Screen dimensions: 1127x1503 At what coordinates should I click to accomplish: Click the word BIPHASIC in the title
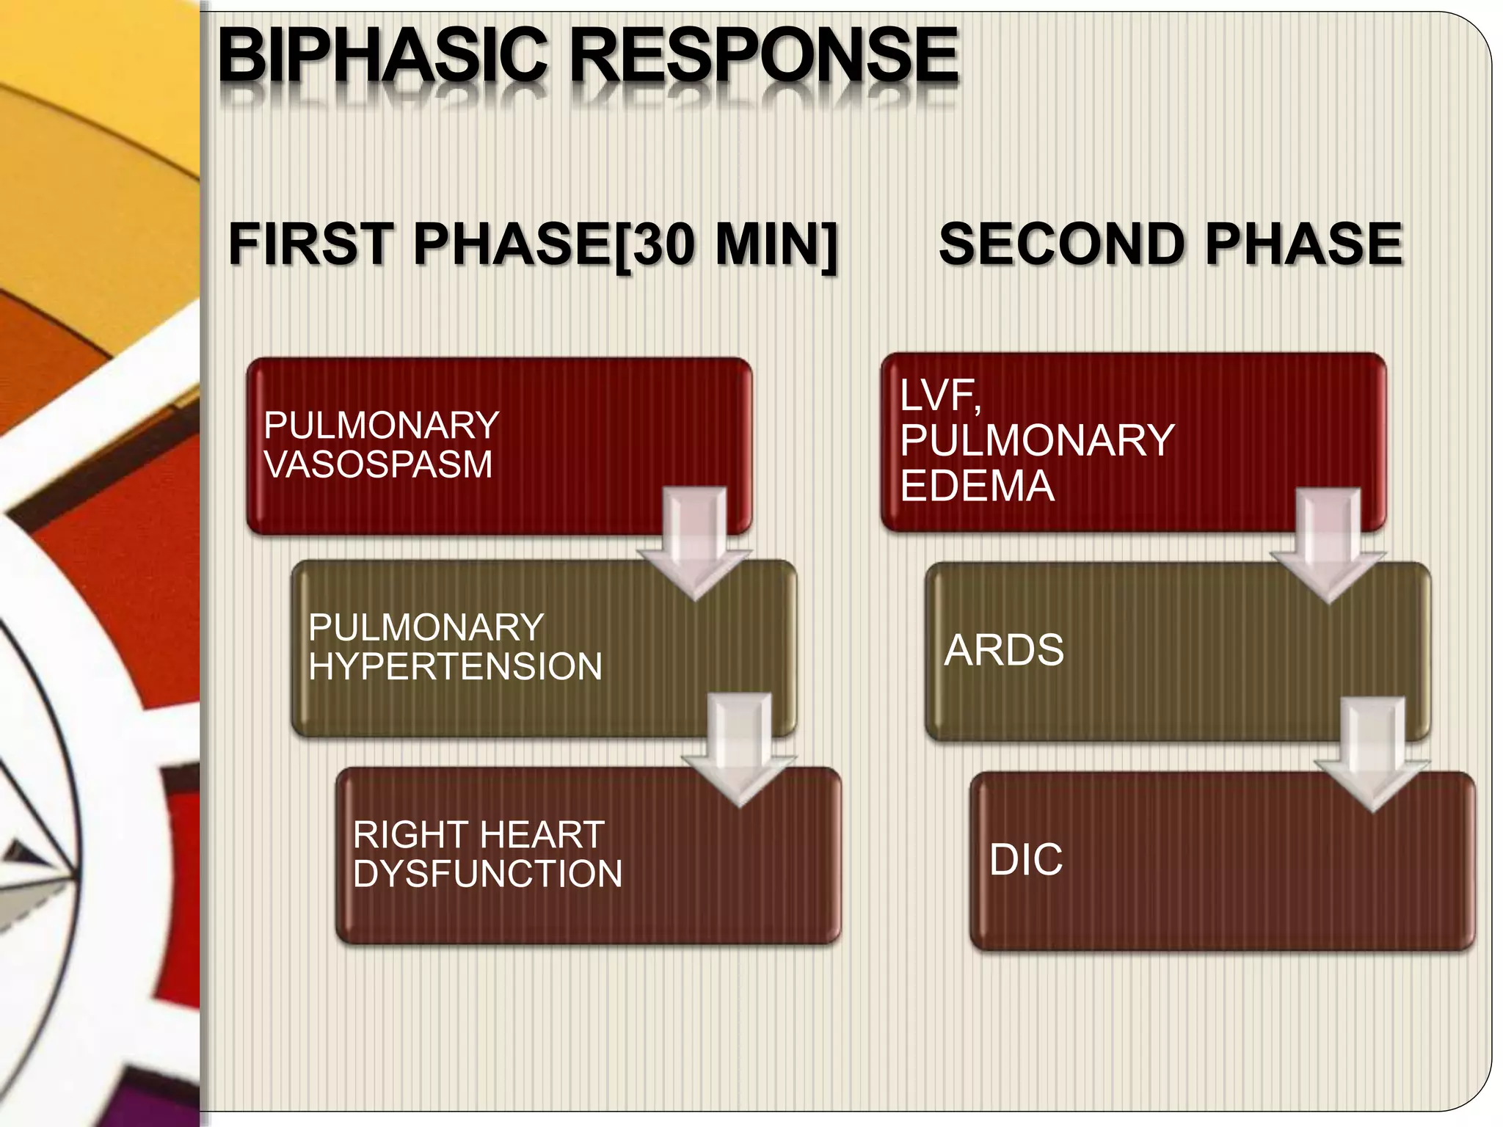coord(382,56)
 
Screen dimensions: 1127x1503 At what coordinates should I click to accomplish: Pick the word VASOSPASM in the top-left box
coord(378,464)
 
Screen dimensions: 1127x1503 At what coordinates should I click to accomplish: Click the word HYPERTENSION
coord(455,666)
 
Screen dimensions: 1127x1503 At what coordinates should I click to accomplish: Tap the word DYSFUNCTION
coord(487,874)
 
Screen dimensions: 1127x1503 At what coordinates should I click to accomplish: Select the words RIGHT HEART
coord(478,835)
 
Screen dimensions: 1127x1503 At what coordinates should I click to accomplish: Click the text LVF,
coord(940,396)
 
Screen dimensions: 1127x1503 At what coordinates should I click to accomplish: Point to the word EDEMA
coord(977,486)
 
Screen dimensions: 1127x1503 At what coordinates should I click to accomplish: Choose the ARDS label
coord(1003,650)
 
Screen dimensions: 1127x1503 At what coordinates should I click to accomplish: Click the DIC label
coord(1025,859)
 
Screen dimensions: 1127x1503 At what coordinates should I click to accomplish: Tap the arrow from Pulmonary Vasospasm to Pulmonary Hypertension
coord(694,547)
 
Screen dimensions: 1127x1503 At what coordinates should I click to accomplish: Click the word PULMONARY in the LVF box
coord(1037,440)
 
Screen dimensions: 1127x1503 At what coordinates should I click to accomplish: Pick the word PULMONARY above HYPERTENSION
coord(426,628)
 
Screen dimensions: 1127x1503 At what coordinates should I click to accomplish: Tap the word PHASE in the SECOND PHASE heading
coord(1303,244)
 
